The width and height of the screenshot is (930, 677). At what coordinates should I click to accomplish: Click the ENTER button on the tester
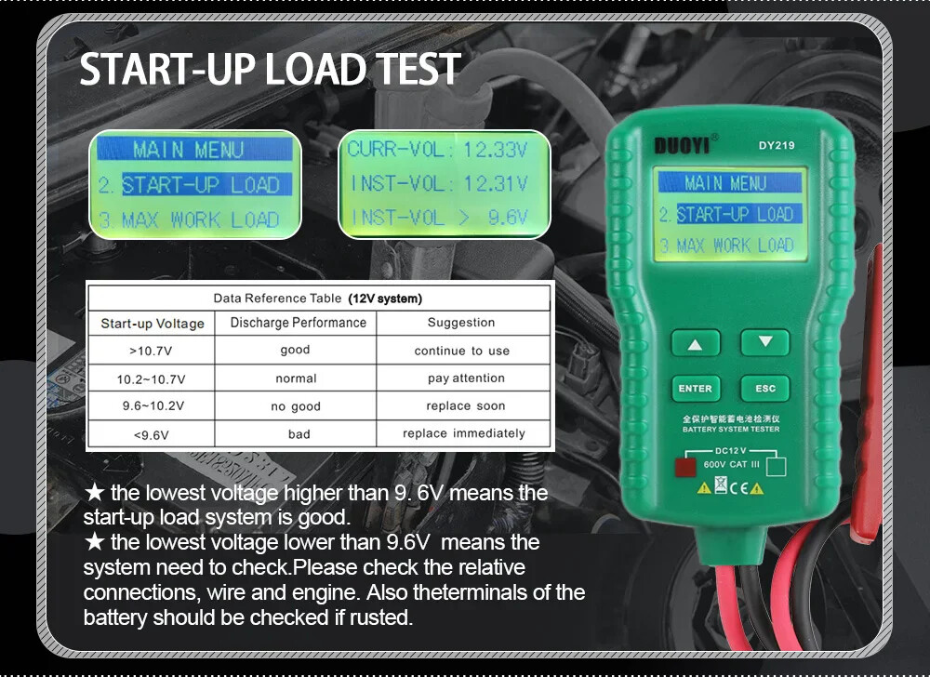(x=695, y=389)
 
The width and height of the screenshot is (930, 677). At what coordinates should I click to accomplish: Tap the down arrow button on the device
(x=765, y=342)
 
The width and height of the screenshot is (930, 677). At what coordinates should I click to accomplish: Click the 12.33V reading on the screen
(x=495, y=150)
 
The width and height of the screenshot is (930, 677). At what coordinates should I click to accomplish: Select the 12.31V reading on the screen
(x=495, y=184)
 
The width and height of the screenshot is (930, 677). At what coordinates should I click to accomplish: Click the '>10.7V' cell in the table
(x=152, y=351)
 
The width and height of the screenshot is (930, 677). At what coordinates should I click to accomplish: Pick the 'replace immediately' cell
(x=463, y=433)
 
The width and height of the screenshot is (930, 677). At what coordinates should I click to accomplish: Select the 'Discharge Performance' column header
(x=298, y=323)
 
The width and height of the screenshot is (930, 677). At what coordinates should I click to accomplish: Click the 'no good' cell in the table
(x=296, y=406)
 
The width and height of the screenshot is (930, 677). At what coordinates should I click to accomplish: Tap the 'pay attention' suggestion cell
(x=466, y=378)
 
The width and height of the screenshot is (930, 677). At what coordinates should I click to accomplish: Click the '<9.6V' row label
(x=152, y=433)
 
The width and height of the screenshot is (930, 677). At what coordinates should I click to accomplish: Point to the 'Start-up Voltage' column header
(x=153, y=324)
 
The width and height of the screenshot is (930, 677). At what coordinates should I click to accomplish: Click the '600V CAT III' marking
(x=733, y=464)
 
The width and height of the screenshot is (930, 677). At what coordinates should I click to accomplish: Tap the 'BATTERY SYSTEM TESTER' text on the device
(x=731, y=430)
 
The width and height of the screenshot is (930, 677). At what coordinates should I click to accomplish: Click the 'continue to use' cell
(x=462, y=351)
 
